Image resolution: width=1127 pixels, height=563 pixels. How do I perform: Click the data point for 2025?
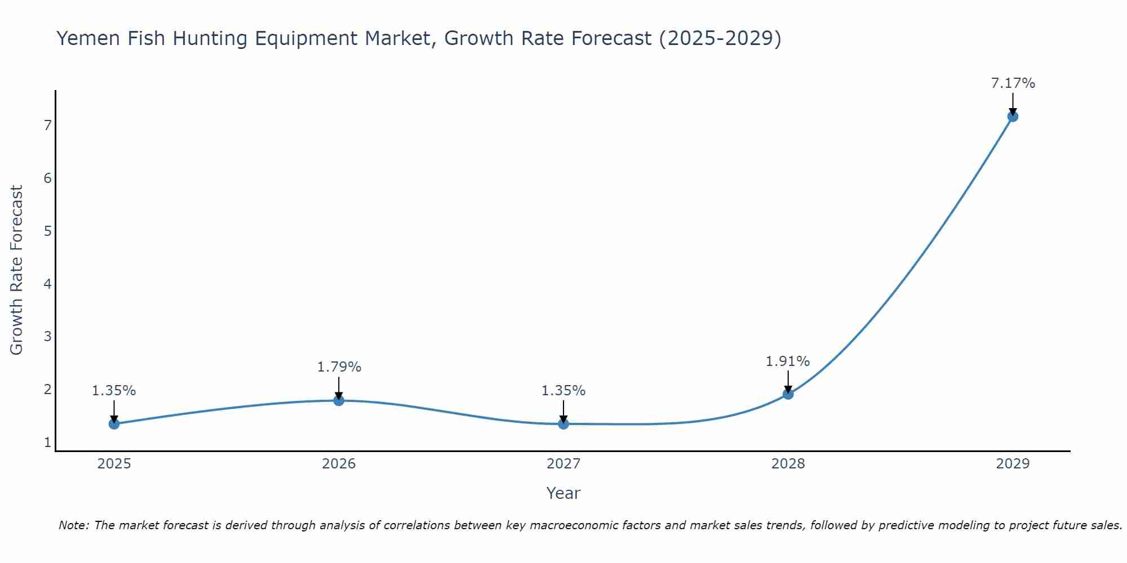coord(114,424)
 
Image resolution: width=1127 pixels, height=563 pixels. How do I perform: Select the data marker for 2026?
coord(339,400)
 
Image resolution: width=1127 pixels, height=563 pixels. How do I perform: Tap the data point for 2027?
coord(563,424)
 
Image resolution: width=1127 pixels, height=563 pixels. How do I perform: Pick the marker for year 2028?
coord(788,394)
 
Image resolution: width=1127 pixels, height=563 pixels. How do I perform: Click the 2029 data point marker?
coord(1013,117)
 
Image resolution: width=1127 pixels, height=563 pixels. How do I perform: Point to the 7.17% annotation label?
coord(1013,83)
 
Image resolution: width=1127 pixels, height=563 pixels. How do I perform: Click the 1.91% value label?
coord(787,361)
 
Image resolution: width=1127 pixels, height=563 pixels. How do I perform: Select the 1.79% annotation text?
coord(339,367)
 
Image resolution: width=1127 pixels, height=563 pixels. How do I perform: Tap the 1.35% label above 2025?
coord(114,391)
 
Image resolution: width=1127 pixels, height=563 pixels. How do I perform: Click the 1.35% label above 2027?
coord(563,391)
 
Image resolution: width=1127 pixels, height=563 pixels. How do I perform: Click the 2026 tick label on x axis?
coord(339,464)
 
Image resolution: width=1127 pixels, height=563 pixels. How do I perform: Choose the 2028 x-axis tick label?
coord(788,464)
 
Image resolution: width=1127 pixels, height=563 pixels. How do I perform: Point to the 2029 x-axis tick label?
coord(1013,464)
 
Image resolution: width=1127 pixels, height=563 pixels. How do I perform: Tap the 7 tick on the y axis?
coord(47,125)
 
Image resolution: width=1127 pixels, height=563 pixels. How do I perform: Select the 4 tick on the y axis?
coord(47,284)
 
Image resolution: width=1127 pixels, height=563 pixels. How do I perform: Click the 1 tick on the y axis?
coord(47,443)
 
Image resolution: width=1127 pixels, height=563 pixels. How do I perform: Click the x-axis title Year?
coord(563,493)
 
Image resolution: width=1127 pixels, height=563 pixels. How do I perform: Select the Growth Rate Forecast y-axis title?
coord(17,270)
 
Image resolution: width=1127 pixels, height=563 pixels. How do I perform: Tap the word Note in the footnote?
coord(73,525)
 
